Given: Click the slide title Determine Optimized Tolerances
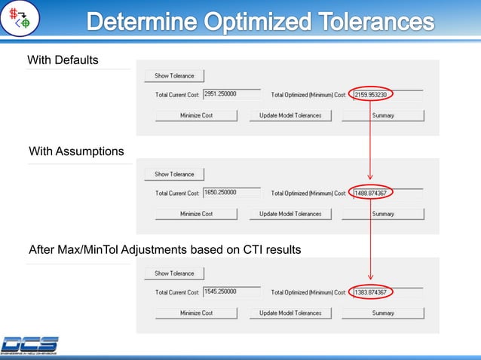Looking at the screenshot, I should pyautogui.click(x=260, y=23).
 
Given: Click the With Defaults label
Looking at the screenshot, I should pyautogui.click(x=63, y=59).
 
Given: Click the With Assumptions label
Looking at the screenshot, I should pyautogui.click(x=76, y=151).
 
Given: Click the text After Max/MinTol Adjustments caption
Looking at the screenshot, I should pyautogui.click(x=164, y=250).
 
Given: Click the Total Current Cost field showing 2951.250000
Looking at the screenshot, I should pyautogui.click(x=231, y=95).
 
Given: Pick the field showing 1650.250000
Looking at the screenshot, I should pyautogui.click(x=231, y=193).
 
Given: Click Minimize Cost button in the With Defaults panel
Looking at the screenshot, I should pyautogui.click(x=196, y=115).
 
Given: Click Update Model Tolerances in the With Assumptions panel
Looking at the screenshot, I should pyautogui.click(x=290, y=214).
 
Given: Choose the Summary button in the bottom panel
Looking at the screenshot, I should pyautogui.click(x=383, y=313).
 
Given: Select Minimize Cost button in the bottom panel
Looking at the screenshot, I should pyautogui.click(x=196, y=313).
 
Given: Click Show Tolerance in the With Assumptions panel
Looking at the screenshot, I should pyautogui.click(x=174, y=174).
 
